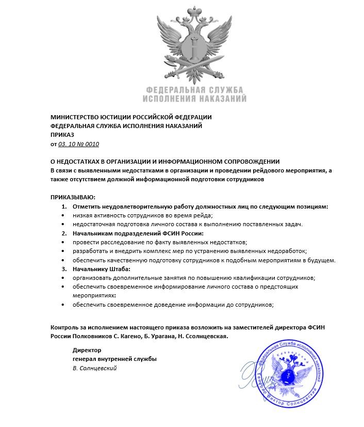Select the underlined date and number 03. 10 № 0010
78,144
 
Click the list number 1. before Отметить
64,207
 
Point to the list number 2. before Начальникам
64,233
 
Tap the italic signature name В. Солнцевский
94,368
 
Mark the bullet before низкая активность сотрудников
63,215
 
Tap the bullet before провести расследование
63,242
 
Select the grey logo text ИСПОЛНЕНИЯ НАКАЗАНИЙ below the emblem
194,98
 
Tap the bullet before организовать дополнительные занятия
63,278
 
